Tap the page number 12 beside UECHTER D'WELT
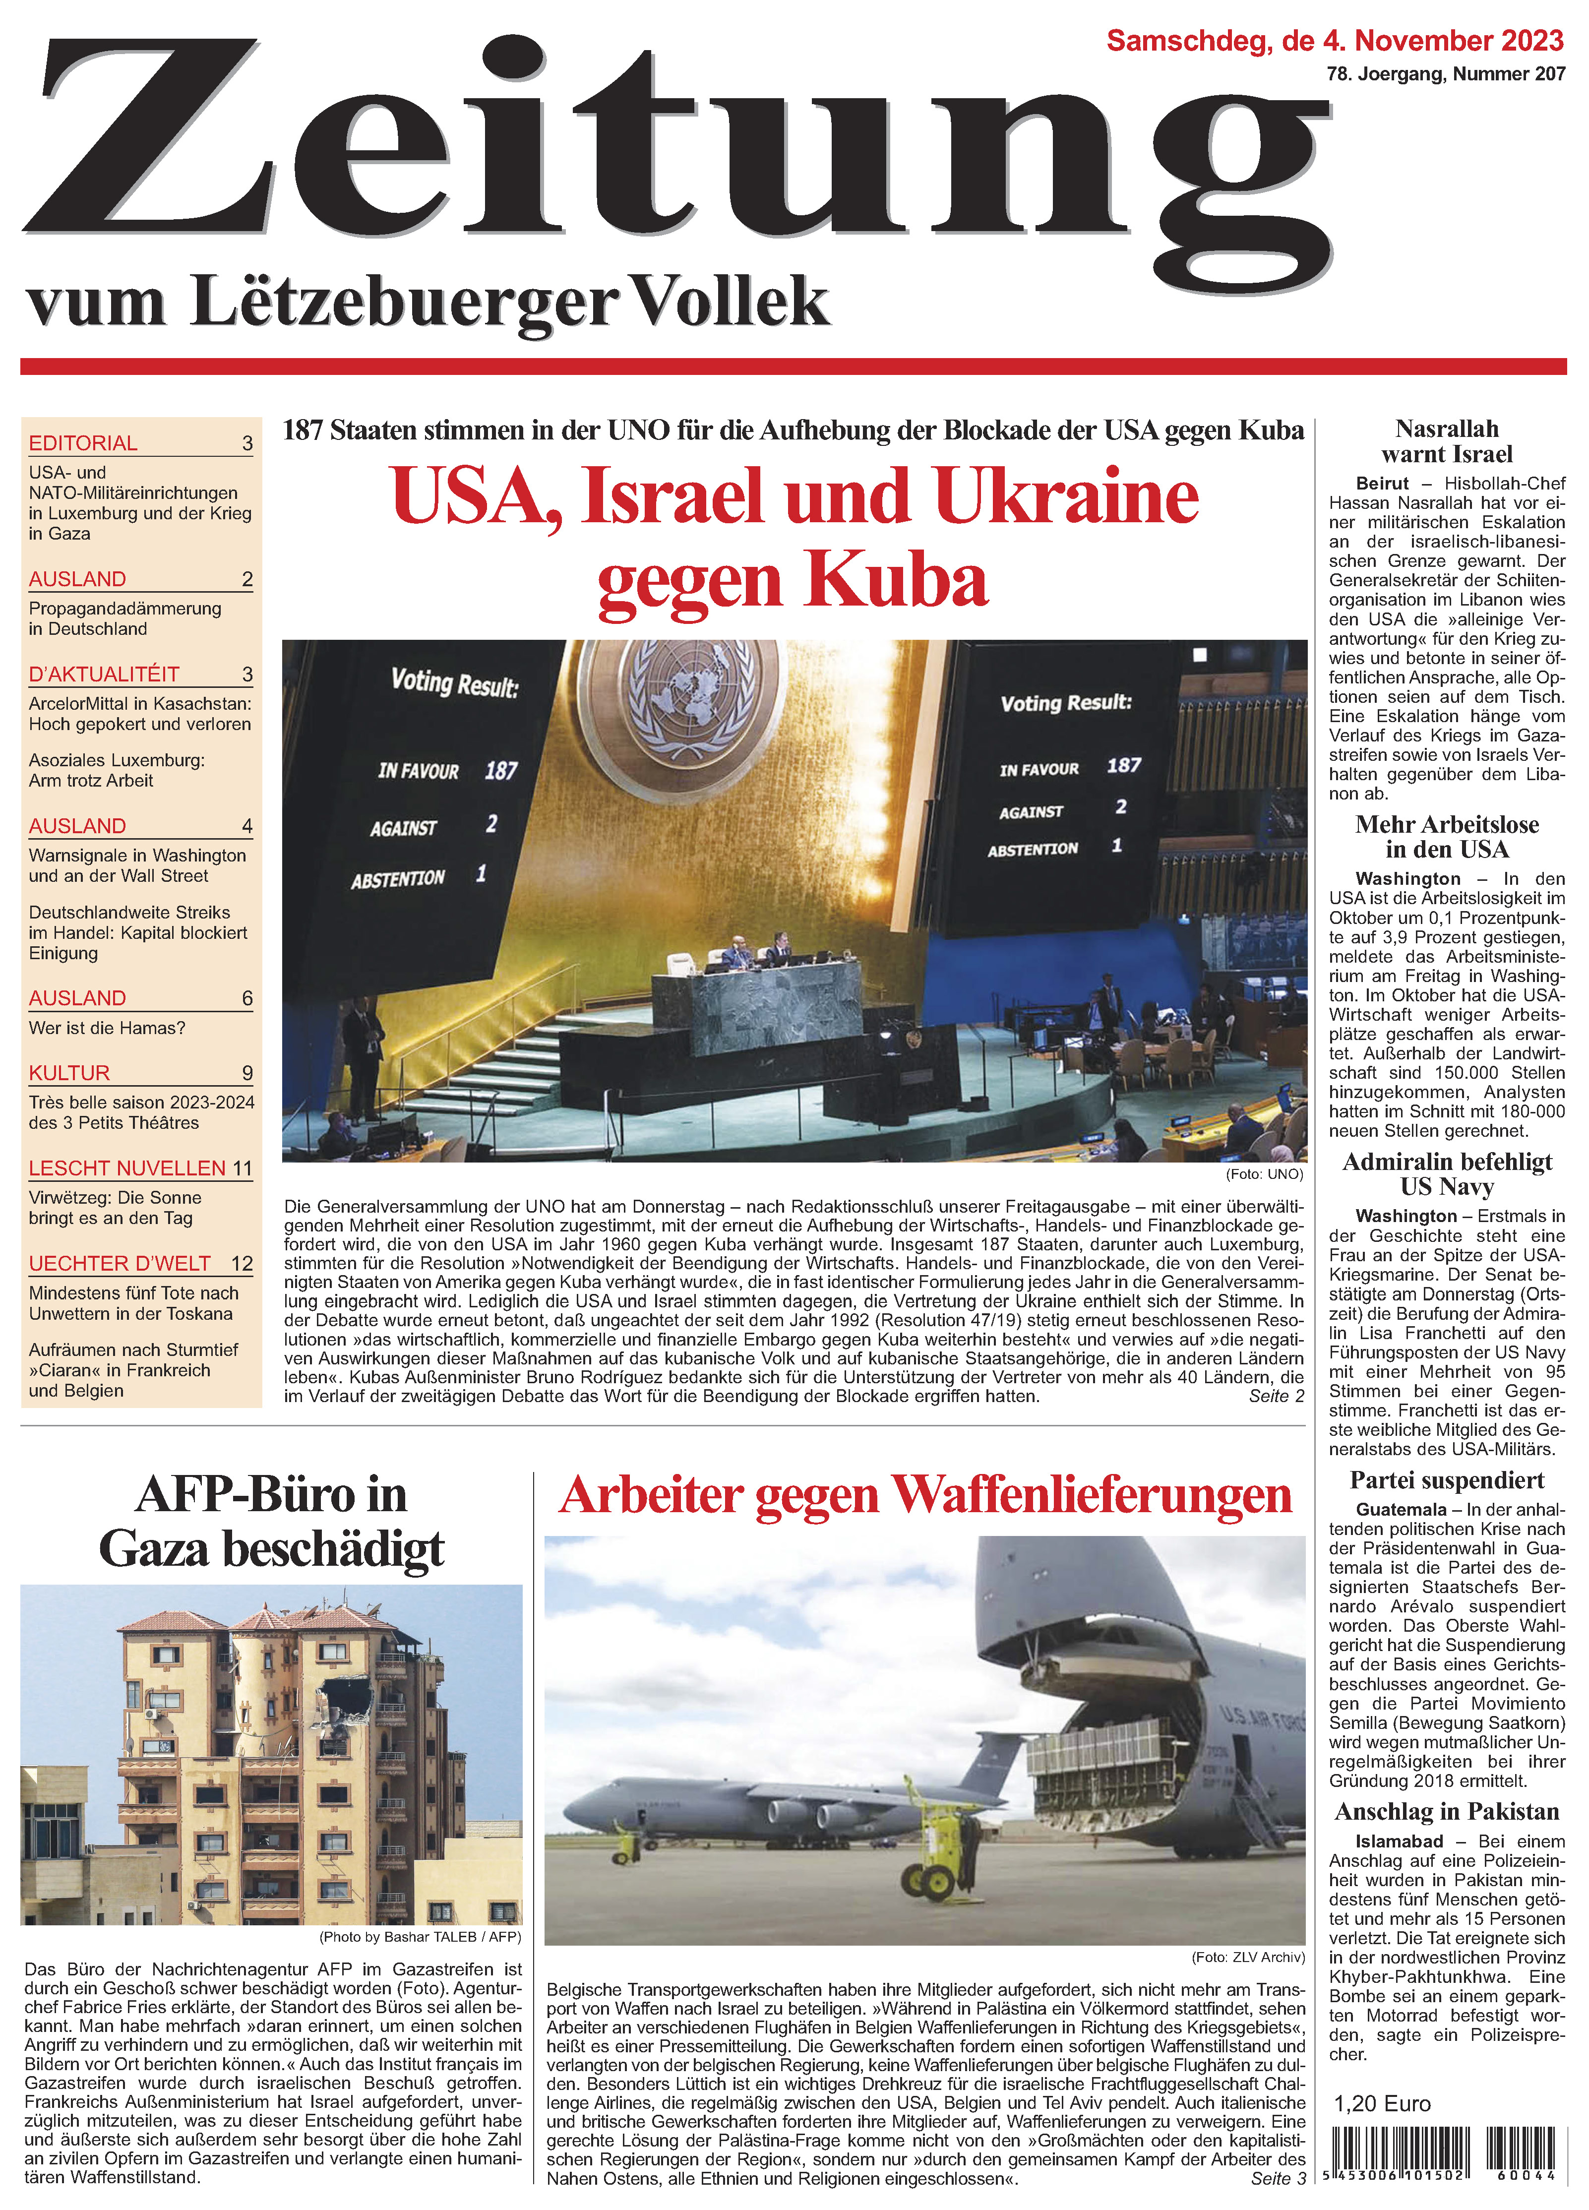point(242,1263)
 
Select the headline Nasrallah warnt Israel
point(1447,441)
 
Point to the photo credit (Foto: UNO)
point(1264,1173)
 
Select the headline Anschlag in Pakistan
point(1447,1811)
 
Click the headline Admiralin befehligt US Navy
point(1447,1174)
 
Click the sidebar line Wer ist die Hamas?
point(107,1028)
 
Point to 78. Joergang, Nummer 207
point(1446,74)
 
